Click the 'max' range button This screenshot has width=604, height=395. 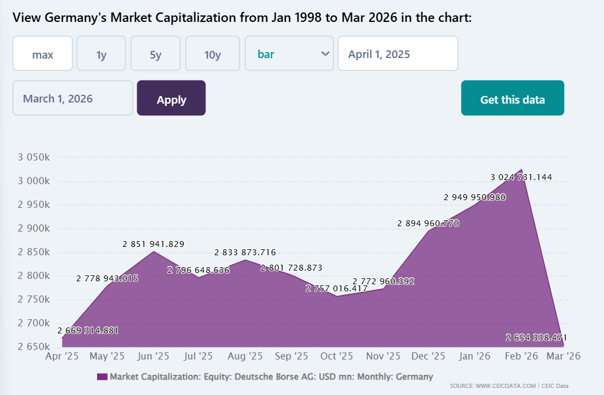(x=43, y=54)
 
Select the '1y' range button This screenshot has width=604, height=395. (x=101, y=54)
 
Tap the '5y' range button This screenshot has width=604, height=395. (x=155, y=54)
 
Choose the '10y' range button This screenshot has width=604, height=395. (x=213, y=54)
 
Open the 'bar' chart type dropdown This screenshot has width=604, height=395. (x=289, y=54)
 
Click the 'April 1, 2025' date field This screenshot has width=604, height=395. (x=397, y=54)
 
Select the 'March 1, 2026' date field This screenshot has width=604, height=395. (x=73, y=98)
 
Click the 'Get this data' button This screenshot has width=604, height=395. (x=512, y=98)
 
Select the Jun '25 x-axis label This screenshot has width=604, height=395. (x=154, y=357)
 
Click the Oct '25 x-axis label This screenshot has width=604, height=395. (x=337, y=357)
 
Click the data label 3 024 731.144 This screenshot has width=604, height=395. (x=521, y=177)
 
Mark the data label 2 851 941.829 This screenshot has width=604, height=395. (x=153, y=244)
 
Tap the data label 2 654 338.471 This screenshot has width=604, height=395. (x=536, y=338)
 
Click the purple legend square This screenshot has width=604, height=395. (x=101, y=377)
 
